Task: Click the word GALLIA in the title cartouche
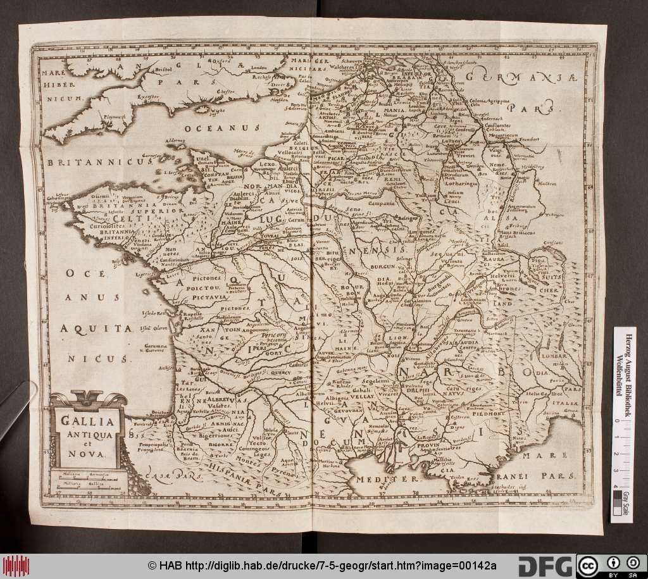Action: pyautogui.click(x=82, y=420)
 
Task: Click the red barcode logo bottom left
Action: pyautogui.click(x=16, y=565)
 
